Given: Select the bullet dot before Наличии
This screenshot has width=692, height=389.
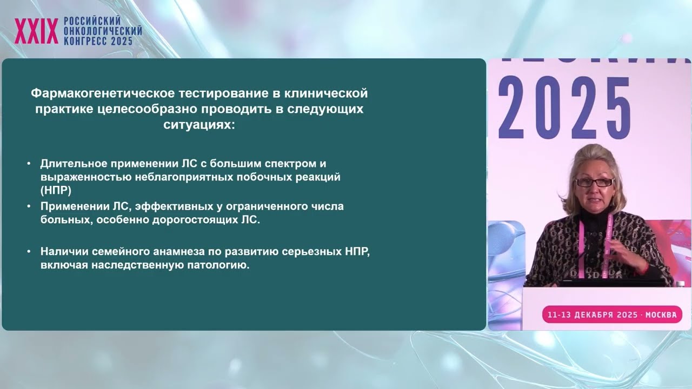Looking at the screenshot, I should tap(29, 251).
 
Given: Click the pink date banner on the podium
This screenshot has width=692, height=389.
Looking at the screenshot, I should tap(612, 314).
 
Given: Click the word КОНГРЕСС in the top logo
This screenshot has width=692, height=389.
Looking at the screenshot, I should tap(85, 41).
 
